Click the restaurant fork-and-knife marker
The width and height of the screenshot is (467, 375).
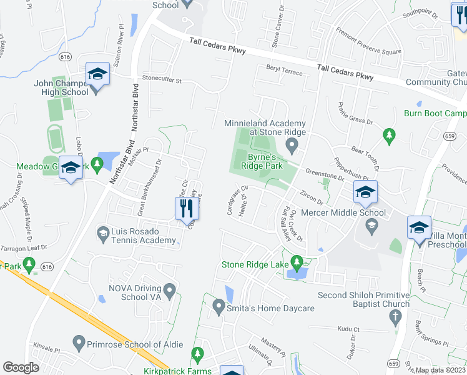[x=185, y=209]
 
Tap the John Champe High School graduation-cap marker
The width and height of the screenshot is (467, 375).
[x=97, y=75]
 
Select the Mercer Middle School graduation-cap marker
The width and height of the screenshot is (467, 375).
[x=365, y=194]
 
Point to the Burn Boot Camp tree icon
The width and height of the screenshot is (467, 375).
[x=390, y=134]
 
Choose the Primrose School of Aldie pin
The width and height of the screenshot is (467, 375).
[x=79, y=342]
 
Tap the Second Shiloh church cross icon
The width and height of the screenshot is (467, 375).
[x=394, y=316]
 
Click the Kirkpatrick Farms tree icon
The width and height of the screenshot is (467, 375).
[x=198, y=356]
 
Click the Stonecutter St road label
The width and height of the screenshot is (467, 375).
[x=161, y=80]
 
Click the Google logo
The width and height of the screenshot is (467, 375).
[x=21, y=367]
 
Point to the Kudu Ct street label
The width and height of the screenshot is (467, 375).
[x=348, y=329]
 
